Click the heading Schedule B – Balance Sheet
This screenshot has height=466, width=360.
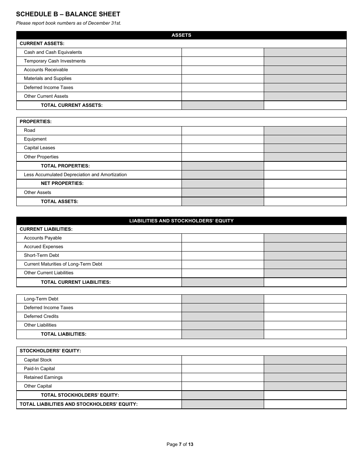(x=68, y=14)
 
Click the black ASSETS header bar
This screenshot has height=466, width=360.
(x=181, y=35)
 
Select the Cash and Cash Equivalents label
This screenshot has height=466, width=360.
(x=53, y=52)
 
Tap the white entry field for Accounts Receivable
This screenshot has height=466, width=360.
(x=222, y=70)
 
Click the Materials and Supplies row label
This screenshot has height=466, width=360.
(x=48, y=78)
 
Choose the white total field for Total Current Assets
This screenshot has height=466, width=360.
(x=305, y=105)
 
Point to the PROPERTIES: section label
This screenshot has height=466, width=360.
(x=36, y=122)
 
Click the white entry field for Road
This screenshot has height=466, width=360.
(x=222, y=130)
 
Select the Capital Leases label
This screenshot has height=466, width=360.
(x=39, y=148)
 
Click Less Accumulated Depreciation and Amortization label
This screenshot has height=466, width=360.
(x=75, y=175)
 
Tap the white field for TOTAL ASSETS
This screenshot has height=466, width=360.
(x=305, y=202)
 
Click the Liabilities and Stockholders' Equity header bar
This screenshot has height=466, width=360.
(x=181, y=221)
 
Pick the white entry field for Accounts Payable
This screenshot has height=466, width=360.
(x=222, y=238)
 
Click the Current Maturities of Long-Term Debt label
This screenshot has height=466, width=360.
(x=63, y=264)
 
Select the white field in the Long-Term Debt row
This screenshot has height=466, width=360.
(x=305, y=299)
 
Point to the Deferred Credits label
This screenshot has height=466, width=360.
(x=41, y=316)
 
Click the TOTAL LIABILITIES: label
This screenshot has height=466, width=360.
(x=64, y=334)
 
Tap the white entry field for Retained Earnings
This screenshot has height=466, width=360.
(x=222, y=377)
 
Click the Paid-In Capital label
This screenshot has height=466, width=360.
(x=39, y=369)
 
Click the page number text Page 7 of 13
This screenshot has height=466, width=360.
(x=180, y=444)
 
